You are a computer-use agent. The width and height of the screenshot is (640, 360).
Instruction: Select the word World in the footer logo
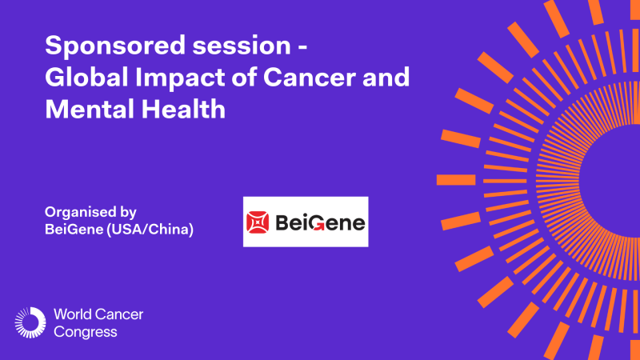click(x=70, y=314)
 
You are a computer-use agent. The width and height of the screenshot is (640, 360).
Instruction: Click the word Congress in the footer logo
click(x=84, y=331)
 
